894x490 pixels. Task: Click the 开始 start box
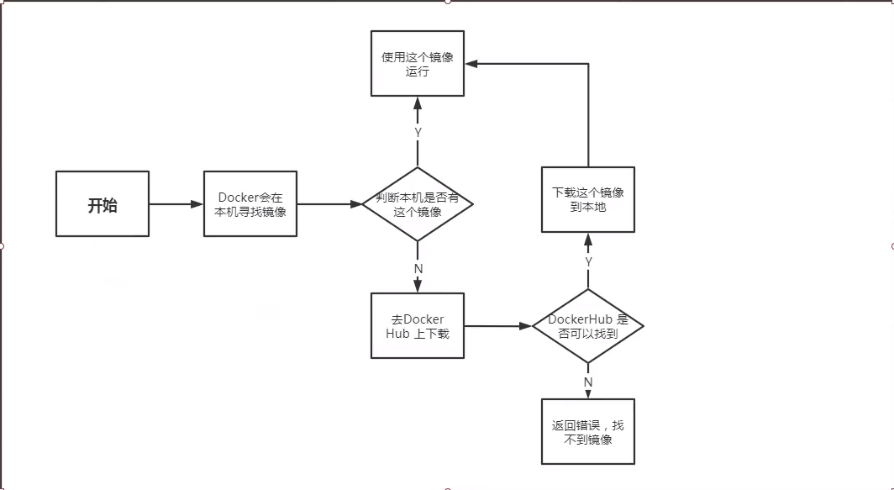[103, 204]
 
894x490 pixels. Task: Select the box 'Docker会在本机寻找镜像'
[250, 204]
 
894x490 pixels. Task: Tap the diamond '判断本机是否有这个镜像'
[418, 204]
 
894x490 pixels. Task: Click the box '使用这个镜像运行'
[418, 64]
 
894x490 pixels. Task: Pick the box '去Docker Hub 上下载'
[418, 326]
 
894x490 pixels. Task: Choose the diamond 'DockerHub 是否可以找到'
[587, 326]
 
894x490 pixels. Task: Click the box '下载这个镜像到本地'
[587, 199]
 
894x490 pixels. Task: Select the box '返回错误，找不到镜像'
[587, 432]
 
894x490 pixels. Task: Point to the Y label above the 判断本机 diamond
[418, 133]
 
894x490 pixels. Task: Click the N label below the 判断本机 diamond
[418, 268]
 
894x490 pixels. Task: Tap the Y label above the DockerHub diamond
[588, 262]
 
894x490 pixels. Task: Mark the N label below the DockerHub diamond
[588, 382]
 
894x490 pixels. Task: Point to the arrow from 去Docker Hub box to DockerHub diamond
[498, 326]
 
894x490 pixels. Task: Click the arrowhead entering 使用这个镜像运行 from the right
[471, 63]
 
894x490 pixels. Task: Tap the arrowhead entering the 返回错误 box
[588, 394]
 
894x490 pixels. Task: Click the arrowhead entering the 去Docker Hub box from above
[418, 287]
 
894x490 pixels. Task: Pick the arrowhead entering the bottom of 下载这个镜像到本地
[588, 240]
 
